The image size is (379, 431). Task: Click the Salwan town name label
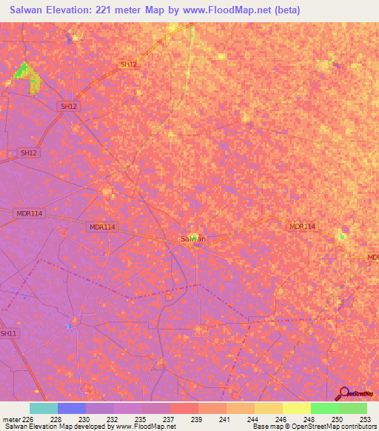pos(192,238)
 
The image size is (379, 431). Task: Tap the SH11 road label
pos(8,334)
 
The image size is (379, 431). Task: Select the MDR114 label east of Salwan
pos(302,227)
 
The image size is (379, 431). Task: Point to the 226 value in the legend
pos(30,419)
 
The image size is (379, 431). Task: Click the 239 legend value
pos(198,419)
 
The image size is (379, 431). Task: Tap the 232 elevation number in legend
pos(113,419)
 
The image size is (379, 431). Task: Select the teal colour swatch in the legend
pos(43,408)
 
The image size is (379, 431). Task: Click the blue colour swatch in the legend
pos(71,408)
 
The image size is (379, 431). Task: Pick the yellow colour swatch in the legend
pos(296,408)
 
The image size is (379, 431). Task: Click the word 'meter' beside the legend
pos(10,419)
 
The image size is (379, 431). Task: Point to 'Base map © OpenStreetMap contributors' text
pos(315,427)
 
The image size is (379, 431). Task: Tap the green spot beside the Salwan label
pos(195,237)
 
